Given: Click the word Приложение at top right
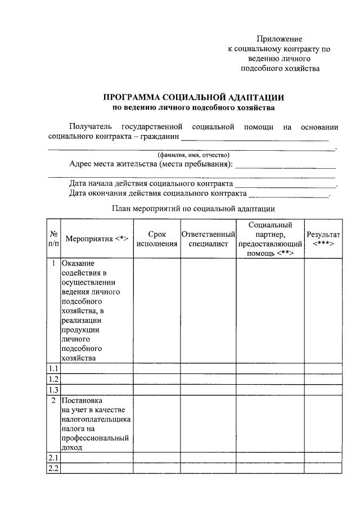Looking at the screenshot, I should [x=280, y=39].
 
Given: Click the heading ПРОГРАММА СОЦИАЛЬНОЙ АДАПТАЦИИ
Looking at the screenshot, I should [x=193, y=97].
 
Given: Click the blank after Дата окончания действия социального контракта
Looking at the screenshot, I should [x=289, y=196].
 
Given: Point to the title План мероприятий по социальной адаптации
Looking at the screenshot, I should [x=193, y=208].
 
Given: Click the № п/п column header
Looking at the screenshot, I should [x=53, y=238].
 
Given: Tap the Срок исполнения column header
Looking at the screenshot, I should [x=157, y=238].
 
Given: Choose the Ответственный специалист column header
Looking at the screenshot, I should [x=208, y=238].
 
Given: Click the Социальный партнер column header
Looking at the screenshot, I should [x=270, y=238].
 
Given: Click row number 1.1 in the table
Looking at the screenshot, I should [x=53, y=368].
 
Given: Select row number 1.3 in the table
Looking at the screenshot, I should [x=53, y=390].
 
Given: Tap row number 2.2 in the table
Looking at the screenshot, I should [x=53, y=469].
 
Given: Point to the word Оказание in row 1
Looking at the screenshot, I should [x=78, y=264].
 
